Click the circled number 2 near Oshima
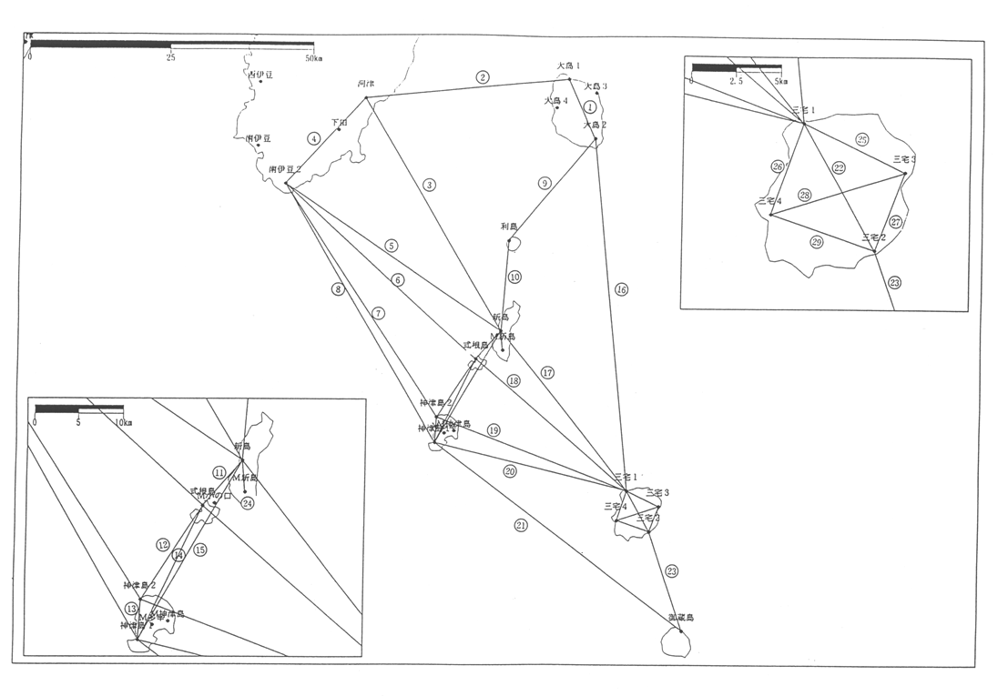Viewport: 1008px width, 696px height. pyautogui.click(x=483, y=77)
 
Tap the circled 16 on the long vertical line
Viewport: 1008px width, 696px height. pyautogui.click(x=622, y=290)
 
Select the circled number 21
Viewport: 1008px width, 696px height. pyautogui.click(x=521, y=525)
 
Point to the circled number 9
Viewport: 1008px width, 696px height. pyautogui.click(x=545, y=183)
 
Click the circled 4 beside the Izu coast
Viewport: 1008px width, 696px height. pyautogui.click(x=314, y=139)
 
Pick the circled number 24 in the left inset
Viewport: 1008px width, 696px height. pyautogui.click(x=247, y=502)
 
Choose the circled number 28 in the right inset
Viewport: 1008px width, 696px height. pyautogui.click(x=805, y=195)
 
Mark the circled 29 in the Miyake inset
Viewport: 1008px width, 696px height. pyautogui.click(x=817, y=241)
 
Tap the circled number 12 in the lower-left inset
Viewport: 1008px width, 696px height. pyautogui.click(x=163, y=545)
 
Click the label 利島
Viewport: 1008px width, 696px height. pyautogui.click(x=509, y=227)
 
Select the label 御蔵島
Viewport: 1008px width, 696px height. pyautogui.click(x=680, y=617)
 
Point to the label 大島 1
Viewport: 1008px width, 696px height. pyautogui.click(x=569, y=66)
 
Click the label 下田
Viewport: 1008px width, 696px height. pyautogui.click(x=339, y=121)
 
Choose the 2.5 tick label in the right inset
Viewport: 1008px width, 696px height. pyautogui.click(x=736, y=81)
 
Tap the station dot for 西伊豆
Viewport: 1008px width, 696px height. pyautogui.click(x=260, y=82)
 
